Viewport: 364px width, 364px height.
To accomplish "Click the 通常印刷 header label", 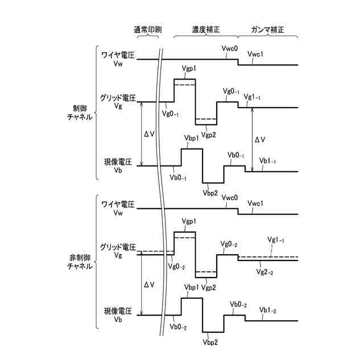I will coord(146,29).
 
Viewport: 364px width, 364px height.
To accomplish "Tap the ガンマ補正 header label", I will coord(264,29).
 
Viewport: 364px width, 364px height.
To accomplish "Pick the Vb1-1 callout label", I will coord(267,162).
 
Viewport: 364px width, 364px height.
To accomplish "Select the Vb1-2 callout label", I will coord(267,309).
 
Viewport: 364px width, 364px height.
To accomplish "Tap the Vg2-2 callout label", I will coord(266,273).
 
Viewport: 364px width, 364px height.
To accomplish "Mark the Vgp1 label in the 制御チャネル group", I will coord(189,69).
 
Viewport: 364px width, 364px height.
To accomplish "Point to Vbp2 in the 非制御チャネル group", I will coord(210,342).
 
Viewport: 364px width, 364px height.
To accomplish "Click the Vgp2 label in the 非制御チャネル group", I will coord(209,288).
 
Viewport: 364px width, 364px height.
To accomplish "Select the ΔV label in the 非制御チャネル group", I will coord(149,284).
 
